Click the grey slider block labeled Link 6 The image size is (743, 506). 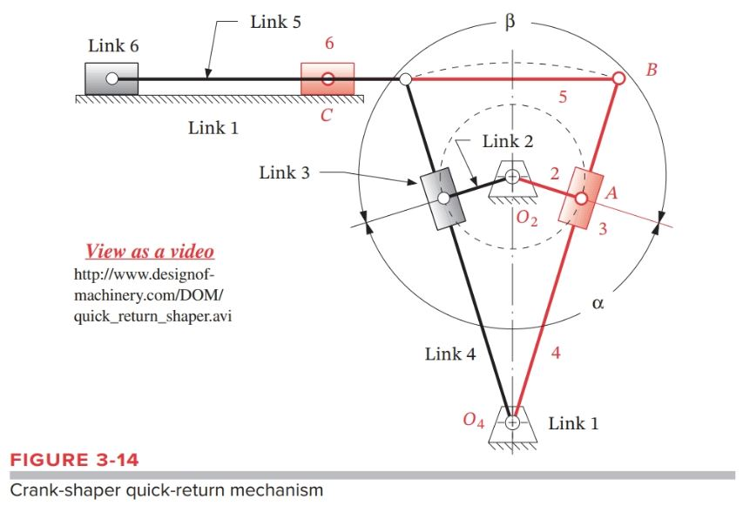(x=111, y=78)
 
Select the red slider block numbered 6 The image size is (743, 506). (x=328, y=78)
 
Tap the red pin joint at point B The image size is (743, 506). (x=618, y=78)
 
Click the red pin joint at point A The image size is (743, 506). (x=580, y=199)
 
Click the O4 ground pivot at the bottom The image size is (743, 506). (x=512, y=422)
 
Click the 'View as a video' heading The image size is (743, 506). (x=149, y=252)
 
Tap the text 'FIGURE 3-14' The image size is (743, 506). (x=74, y=459)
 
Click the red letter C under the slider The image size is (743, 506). (x=326, y=115)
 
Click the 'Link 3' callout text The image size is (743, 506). (x=284, y=172)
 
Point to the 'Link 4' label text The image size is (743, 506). (x=449, y=354)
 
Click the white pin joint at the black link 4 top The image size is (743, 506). (x=405, y=79)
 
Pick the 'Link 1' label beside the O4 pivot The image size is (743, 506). (x=573, y=423)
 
